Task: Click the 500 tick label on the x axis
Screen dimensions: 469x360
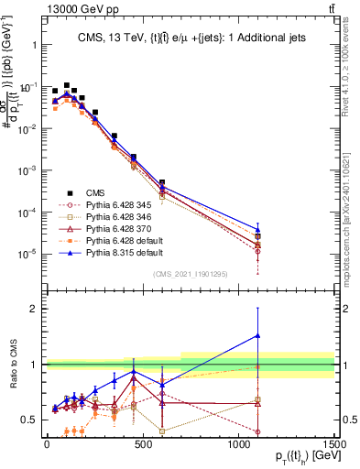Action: pyautogui.click(x=143, y=444)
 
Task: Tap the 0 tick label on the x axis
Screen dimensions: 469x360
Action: pyautogui.click(x=47, y=444)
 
